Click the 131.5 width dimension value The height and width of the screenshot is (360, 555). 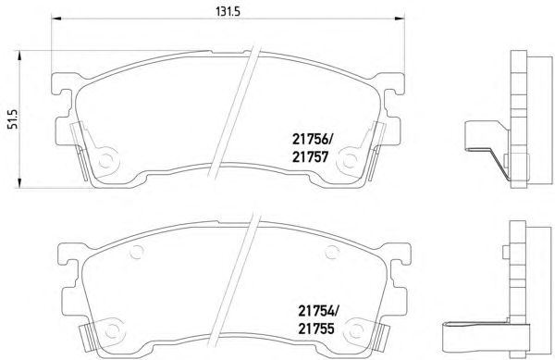tap(228, 11)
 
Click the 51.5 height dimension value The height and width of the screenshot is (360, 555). tap(13, 119)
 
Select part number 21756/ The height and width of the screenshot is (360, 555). tap(313, 140)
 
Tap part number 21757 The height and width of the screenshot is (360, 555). tap(311, 156)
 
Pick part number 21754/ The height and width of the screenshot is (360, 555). tap(318, 312)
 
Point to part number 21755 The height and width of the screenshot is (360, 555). tap(316, 329)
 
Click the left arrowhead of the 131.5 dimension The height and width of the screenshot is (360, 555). tap(56, 19)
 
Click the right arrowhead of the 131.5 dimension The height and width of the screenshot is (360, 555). tap(400, 19)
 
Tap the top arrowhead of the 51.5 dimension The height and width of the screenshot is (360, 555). tap(19, 56)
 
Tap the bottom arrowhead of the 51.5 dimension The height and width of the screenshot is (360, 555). tap(19, 183)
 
